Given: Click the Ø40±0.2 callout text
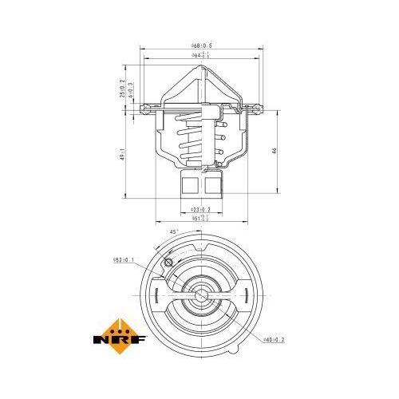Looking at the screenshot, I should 273,340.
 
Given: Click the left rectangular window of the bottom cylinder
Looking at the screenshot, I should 189,187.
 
